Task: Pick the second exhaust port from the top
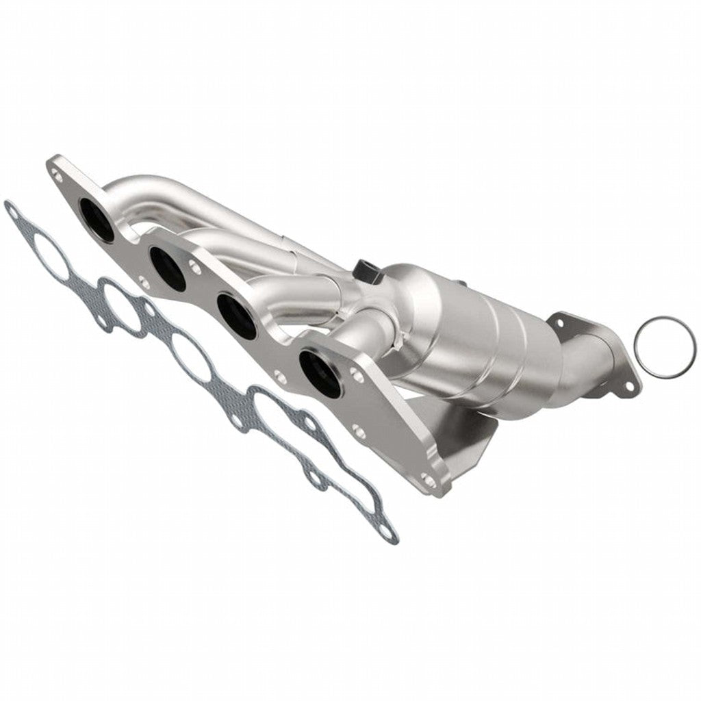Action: point(167,268)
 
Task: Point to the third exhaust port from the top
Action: point(237,315)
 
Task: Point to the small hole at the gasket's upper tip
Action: point(12,212)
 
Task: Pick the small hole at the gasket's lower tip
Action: point(387,531)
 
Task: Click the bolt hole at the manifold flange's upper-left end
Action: point(58,176)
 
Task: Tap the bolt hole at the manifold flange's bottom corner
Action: point(429,481)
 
